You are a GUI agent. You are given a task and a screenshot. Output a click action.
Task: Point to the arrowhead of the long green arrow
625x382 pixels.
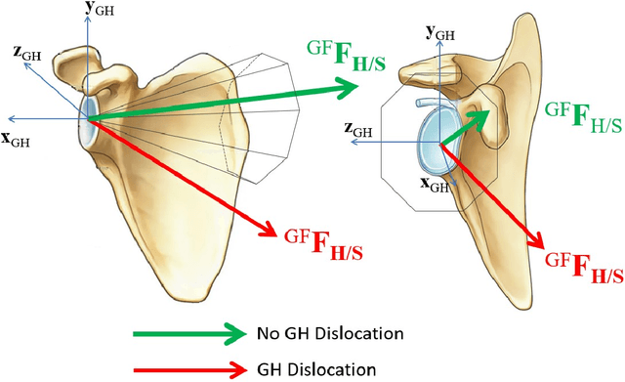(x=348, y=90)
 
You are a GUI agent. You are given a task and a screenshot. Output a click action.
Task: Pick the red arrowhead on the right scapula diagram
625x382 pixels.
(x=537, y=237)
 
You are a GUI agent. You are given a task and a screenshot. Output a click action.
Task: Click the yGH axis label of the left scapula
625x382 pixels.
(x=100, y=12)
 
